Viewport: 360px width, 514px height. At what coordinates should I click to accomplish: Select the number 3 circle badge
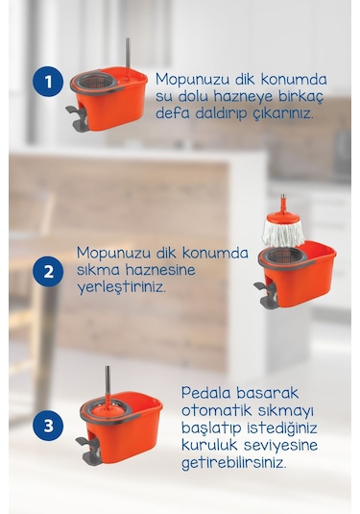click(48, 423)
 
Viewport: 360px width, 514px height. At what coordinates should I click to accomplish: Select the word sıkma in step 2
click(98, 270)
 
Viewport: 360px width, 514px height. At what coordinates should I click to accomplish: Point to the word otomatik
click(215, 410)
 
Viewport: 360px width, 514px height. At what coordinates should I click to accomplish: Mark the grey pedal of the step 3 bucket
click(85, 448)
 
